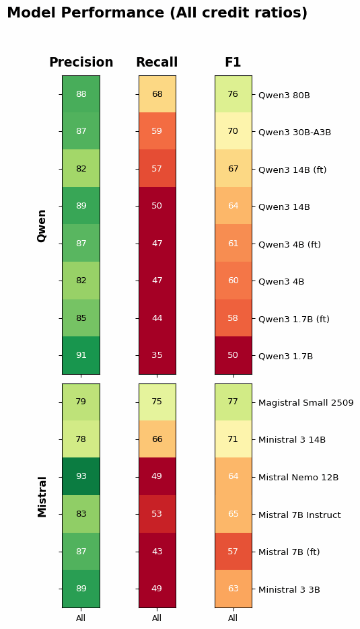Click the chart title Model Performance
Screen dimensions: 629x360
(157, 13)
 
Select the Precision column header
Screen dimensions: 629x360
(81, 63)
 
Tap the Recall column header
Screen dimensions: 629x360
(157, 63)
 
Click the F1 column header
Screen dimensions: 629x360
(233, 63)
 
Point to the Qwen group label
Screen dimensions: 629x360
(42, 225)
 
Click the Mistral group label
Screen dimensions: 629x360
(42, 496)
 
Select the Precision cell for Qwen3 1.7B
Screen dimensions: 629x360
(81, 355)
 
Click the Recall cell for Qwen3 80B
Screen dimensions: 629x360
(157, 94)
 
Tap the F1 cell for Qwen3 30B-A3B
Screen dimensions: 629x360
(233, 131)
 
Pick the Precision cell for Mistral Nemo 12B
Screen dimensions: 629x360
(81, 476)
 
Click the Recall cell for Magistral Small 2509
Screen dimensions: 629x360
(157, 402)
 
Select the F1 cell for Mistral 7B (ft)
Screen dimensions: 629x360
(233, 551)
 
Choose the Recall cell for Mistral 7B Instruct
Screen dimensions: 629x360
(157, 514)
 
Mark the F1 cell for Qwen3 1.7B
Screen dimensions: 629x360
(233, 355)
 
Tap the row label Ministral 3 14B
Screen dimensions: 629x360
(291, 439)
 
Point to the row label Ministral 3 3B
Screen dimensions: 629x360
(289, 589)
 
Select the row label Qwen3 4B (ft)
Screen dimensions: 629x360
(289, 244)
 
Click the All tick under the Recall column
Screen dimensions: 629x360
(157, 618)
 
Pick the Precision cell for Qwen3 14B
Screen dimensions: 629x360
(81, 206)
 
